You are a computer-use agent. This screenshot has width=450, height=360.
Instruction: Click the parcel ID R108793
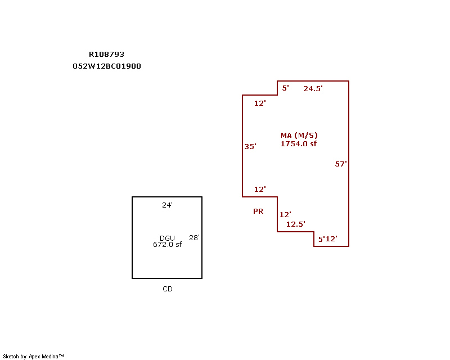pyautogui.click(x=106, y=54)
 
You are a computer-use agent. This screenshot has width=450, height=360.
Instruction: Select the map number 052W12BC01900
pyautogui.click(x=107, y=66)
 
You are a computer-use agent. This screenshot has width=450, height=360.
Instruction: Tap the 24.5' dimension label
pyautogui.click(x=313, y=88)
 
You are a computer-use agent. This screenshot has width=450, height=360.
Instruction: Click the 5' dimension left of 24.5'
pyautogui.click(x=285, y=88)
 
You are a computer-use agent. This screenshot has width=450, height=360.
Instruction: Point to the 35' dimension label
pyautogui.click(x=250, y=146)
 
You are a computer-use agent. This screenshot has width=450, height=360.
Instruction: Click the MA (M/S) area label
pyautogui.click(x=299, y=135)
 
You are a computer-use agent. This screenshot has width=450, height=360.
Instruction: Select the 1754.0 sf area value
pyautogui.click(x=299, y=143)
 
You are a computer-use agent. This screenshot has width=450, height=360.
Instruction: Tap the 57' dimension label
pyautogui.click(x=341, y=164)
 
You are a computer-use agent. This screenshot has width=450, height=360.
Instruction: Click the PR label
pyautogui.click(x=258, y=211)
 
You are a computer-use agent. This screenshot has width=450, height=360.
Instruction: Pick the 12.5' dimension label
pyautogui.click(x=296, y=224)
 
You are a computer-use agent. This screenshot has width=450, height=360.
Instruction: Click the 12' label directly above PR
pyautogui.click(x=260, y=189)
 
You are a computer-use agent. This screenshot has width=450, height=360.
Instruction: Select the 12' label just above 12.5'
pyautogui.click(x=285, y=214)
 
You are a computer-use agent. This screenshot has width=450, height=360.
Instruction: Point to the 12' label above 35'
pyautogui.click(x=260, y=103)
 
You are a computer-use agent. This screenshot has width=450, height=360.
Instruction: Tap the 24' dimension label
pyautogui.click(x=167, y=205)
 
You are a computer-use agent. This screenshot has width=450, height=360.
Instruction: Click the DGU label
pyautogui.click(x=167, y=238)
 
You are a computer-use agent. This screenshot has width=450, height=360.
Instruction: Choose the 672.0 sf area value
pyautogui.click(x=167, y=244)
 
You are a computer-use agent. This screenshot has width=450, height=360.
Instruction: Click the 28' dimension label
pyautogui.click(x=194, y=237)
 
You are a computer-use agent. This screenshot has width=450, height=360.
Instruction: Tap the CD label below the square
pyautogui.click(x=168, y=289)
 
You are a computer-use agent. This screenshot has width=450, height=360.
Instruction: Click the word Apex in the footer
pyautogui.click(x=34, y=357)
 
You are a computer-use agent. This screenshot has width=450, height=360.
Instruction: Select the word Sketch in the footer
pyautogui.click(x=11, y=356)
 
